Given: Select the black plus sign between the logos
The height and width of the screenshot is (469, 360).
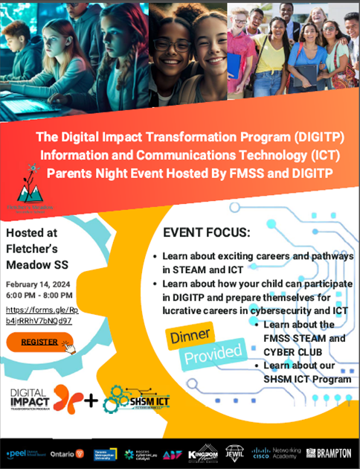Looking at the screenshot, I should pos(91,401).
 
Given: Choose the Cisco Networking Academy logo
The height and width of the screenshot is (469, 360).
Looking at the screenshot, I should pos(274,453).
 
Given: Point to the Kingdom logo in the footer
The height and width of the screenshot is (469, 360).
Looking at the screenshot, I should pos(200,453).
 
